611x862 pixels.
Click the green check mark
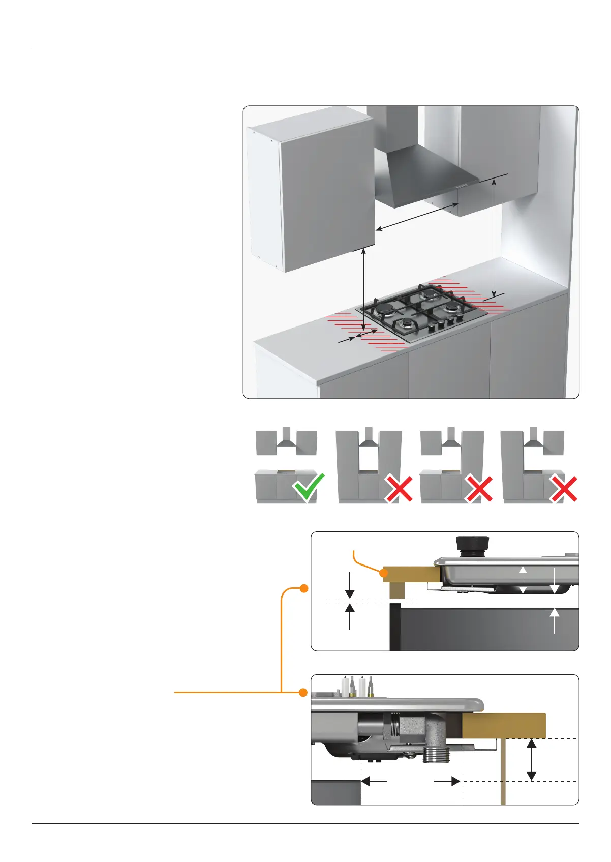(309, 487)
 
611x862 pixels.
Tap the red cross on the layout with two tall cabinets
(399, 489)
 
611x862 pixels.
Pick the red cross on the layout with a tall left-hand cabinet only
(564, 489)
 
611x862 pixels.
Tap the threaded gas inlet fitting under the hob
(434, 753)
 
